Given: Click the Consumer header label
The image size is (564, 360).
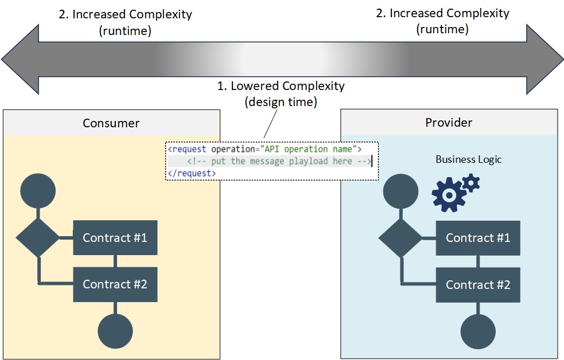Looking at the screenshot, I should pyautogui.click(x=111, y=123).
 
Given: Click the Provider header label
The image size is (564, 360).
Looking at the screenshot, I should pyautogui.click(x=449, y=123).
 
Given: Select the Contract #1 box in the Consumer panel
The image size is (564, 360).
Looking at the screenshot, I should pyautogui.click(x=115, y=237).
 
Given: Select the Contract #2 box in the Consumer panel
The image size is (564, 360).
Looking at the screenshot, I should pyautogui.click(x=115, y=284).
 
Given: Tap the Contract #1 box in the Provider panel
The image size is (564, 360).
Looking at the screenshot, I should pyautogui.click(x=478, y=238).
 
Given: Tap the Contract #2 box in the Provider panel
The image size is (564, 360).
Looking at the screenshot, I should pyautogui.click(x=478, y=285).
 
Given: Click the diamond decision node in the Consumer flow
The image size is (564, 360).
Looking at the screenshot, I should pyautogui.click(x=37, y=237).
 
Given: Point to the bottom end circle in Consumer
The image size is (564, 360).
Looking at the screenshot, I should pyautogui.click(x=115, y=331).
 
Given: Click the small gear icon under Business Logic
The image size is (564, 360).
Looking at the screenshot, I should pyautogui.click(x=470, y=183).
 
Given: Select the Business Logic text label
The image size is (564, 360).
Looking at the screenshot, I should pyautogui.click(x=468, y=159).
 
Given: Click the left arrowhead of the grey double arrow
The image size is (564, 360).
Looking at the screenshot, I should pyautogui.click(x=20, y=59).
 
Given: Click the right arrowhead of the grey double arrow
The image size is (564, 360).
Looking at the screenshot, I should pyautogui.click(x=545, y=59).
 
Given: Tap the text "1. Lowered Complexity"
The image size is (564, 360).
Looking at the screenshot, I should pyautogui.click(x=281, y=86).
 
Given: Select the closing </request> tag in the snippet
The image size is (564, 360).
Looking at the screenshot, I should pyautogui.click(x=192, y=173).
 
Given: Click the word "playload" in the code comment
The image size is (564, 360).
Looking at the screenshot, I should pyautogui.click(x=310, y=161).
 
